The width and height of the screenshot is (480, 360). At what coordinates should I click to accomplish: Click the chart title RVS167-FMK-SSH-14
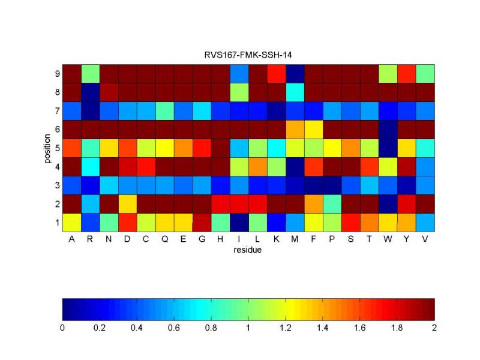tap(248, 56)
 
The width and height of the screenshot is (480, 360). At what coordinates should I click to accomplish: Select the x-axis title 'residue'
tap(248, 250)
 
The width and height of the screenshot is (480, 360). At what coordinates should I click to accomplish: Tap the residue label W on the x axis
tap(388, 239)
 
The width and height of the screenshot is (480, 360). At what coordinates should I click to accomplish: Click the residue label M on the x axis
tap(295, 239)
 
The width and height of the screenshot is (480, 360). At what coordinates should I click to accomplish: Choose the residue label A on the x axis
tap(72, 239)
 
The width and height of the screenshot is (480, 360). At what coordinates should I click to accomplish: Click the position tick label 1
tap(56, 223)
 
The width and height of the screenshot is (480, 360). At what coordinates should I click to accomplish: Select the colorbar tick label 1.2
tap(285, 328)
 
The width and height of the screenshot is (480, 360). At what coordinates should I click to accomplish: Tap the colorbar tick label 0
tap(62, 328)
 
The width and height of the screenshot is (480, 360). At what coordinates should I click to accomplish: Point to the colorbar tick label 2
tap(434, 328)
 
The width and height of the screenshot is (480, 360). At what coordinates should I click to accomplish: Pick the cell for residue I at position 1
tap(239, 223)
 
